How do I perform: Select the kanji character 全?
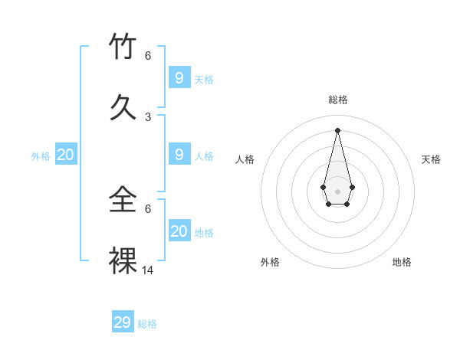tap(123, 201)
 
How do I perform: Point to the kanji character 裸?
tap(123, 261)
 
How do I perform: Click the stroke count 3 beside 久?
tap(148, 116)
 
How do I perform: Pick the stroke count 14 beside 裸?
tap(148, 270)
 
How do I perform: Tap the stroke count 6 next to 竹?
tap(148, 56)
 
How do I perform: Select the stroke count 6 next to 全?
tap(148, 208)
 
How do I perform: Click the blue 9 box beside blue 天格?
tap(179, 77)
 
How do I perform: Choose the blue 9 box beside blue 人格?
tap(179, 154)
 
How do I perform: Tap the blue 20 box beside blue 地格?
tap(179, 231)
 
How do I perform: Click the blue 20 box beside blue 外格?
tap(65, 154)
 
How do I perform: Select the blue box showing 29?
tap(123, 322)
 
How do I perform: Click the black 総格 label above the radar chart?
tap(337, 100)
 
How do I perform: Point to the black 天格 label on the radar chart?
tap(431, 159)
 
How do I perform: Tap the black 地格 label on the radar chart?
tap(402, 262)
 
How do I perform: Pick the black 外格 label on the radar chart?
tap(270, 262)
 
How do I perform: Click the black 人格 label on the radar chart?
tap(245, 159)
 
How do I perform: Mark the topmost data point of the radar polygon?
tap(337, 129)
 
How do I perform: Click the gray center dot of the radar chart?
tap(337, 191)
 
